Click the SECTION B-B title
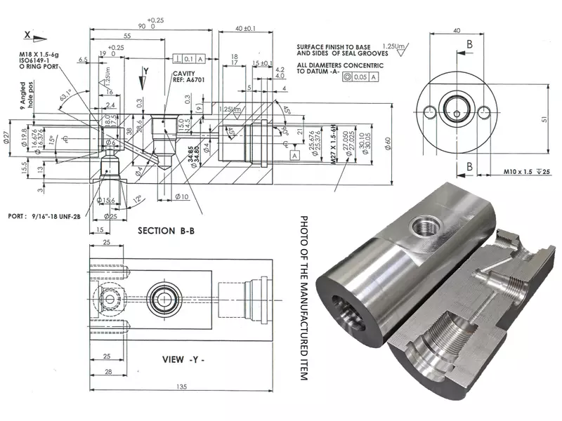172,230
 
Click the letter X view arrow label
27,33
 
